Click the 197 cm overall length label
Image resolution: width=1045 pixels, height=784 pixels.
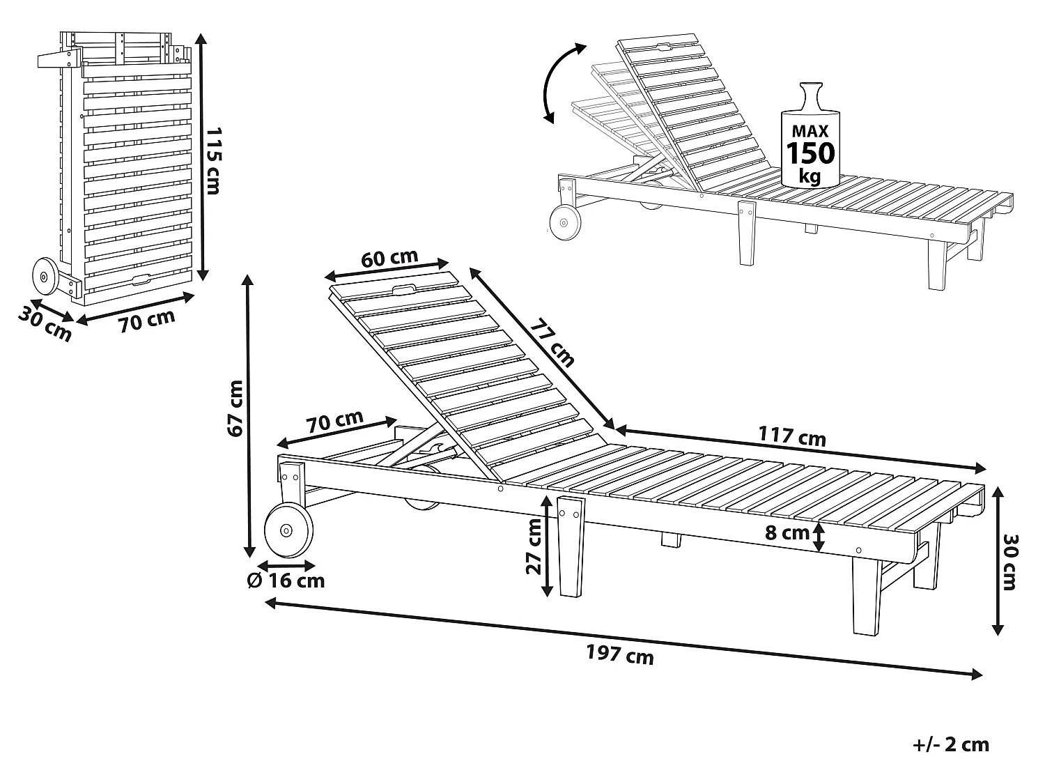620,654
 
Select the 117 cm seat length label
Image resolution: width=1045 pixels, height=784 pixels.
791,436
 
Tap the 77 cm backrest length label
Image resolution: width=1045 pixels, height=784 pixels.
553,343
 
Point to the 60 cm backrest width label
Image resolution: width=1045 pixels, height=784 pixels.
389,258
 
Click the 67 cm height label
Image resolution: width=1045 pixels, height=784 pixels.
235,408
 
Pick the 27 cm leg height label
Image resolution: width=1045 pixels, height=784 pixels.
534,546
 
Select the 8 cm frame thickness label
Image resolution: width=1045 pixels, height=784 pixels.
787,533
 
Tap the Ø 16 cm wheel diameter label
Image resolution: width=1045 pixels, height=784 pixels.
286,581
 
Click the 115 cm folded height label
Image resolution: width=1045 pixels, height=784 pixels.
212,160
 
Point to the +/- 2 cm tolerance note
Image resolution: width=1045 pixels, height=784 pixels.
951,745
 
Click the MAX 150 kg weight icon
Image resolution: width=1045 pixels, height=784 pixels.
810,135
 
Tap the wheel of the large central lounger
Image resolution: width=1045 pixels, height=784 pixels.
288,530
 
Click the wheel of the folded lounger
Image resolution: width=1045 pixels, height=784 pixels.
45,276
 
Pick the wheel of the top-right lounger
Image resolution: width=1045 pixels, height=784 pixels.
565,222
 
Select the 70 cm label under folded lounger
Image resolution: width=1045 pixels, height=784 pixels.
146,321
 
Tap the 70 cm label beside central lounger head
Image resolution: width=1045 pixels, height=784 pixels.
334,422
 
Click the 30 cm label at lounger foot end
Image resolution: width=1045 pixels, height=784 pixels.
1009,562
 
